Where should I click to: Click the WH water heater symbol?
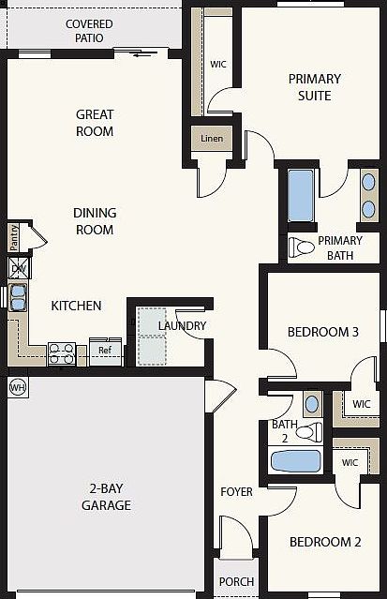click(x=18, y=388)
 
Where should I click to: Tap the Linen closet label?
click(x=212, y=139)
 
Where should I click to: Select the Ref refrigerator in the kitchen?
click(x=106, y=352)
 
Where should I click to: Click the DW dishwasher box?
click(x=19, y=268)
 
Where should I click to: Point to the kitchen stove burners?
click(x=62, y=354)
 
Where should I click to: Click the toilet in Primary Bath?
click(x=302, y=247)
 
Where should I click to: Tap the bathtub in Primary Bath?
click(x=301, y=196)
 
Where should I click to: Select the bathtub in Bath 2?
click(x=295, y=461)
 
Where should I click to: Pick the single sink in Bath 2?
click(x=312, y=404)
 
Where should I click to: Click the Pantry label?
click(x=14, y=237)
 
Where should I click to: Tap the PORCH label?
click(x=236, y=582)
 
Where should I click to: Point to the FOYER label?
click(x=236, y=491)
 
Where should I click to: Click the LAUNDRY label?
click(x=182, y=326)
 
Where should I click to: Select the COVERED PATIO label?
click(x=89, y=31)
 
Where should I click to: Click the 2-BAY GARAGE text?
click(x=106, y=497)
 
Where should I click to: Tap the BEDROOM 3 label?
click(x=323, y=332)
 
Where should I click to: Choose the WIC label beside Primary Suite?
click(x=218, y=64)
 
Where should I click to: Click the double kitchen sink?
click(x=18, y=297)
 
